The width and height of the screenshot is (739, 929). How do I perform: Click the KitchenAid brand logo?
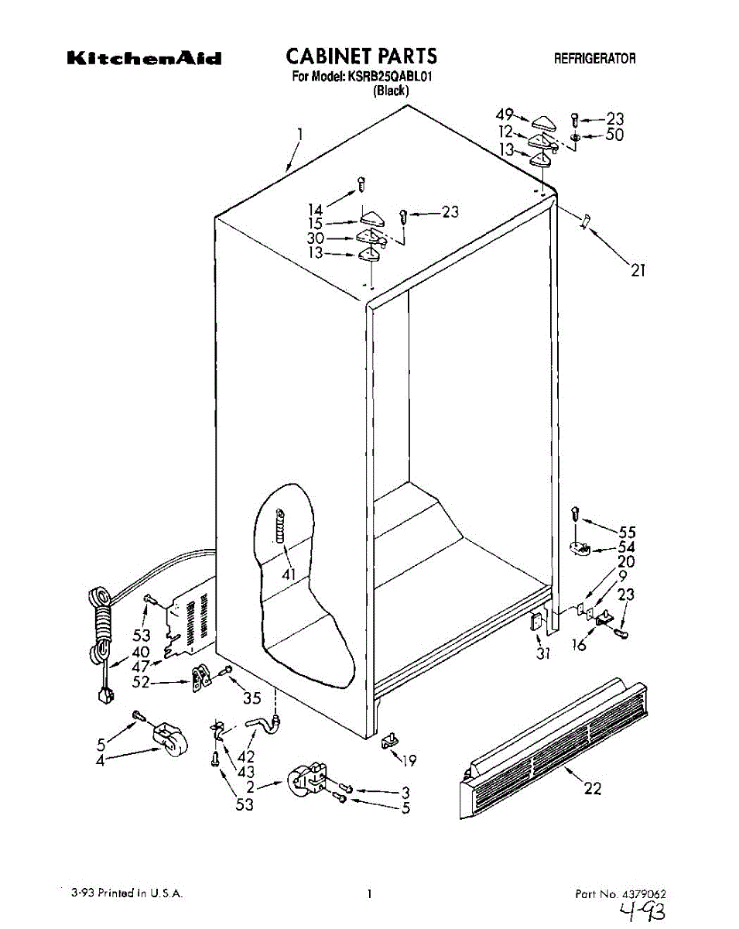(145, 58)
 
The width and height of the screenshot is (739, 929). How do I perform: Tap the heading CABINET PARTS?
(361, 56)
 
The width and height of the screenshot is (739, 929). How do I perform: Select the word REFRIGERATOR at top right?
(594, 59)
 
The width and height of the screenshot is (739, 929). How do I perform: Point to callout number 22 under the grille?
(591, 789)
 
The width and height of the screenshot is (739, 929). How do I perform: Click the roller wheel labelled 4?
(169, 738)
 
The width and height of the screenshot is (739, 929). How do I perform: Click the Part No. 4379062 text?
(619, 893)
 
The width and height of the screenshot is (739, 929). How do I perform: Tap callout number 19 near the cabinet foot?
(409, 760)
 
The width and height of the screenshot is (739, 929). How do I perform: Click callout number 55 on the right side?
(627, 532)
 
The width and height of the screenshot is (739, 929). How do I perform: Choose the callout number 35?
(252, 698)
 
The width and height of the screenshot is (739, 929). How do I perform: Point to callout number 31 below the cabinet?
(543, 653)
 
